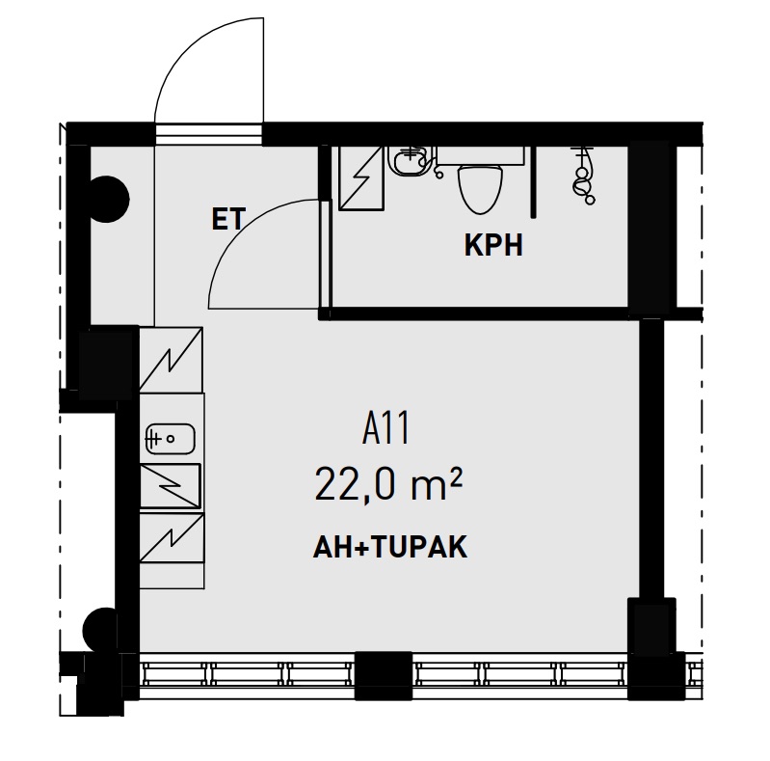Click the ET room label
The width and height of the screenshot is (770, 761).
227,220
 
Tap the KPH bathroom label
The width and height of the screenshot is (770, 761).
493,245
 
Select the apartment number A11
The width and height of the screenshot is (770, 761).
386,428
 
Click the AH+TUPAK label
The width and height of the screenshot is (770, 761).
390,548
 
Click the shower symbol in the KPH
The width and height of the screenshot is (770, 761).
582,175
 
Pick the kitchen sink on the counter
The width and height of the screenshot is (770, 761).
170,439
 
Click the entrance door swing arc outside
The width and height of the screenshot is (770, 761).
207,68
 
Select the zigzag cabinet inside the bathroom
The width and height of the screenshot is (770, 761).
362,177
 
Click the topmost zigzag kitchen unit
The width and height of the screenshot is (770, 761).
172,359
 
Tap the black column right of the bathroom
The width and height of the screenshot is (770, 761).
648,229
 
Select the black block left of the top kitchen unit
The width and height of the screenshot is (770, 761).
107,363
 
